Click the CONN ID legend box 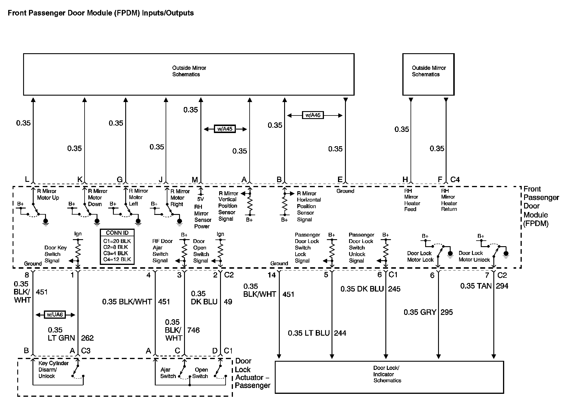click(x=117, y=247)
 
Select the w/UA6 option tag click(x=55, y=315)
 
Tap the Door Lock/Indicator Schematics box click(x=389, y=377)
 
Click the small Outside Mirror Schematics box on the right click(x=428, y=74)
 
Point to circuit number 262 click(x=87, y=338)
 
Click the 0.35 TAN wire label click(x=476, y=286)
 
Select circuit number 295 click(x=447, y=312)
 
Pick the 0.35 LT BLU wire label click(x=309, y=333)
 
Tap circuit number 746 click(x=193, y=330)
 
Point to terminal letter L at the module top click(x=27, y=179)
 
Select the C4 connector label click(x=455, y=180)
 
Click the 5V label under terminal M click(x=200, y=199)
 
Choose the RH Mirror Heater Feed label click(x=412, y=200)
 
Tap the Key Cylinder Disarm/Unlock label click(x=53, y=370)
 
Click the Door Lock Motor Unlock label click(x=474, y=256)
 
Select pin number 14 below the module click(x=272, y=275)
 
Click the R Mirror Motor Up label click(x=48, y=194)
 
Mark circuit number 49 click(x=228, y=302)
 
